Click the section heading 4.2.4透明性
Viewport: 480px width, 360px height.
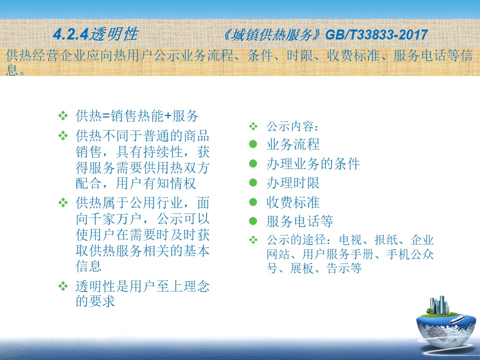(x=95, y=34)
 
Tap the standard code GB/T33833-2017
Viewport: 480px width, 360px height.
(x=376, y=34)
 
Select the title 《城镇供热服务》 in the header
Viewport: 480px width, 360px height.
(x=272, y=35)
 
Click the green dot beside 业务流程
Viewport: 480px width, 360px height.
(x=253, y=144)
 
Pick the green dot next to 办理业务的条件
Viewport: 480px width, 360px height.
(x=253, y=163)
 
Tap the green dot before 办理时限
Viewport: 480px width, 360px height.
(x=253, y=183)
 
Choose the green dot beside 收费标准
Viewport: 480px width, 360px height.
(x=253, y=202)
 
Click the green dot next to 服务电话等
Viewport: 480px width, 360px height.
(x=253, y=221)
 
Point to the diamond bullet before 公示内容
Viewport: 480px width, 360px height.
(x=253, y=126)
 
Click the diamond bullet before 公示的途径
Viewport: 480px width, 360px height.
(x=253, y=239)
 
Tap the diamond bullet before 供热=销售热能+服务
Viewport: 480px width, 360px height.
(x=63, y=115)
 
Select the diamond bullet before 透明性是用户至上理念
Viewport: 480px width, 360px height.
(x=63, y=286)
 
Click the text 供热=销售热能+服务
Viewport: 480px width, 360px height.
(x=137, y=115)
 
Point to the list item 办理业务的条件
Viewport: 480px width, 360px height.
(x=313, y=164)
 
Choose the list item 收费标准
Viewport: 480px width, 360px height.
(x=293, y=202)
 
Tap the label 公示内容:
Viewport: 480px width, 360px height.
(x=292, y=126)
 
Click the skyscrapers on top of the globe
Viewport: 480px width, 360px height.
(x=439, y=305)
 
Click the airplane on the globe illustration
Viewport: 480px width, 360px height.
(x=457, y=319)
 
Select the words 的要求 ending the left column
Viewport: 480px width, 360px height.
(x=95, y=301)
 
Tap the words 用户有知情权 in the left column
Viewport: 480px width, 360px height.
(x=156, y=183)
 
